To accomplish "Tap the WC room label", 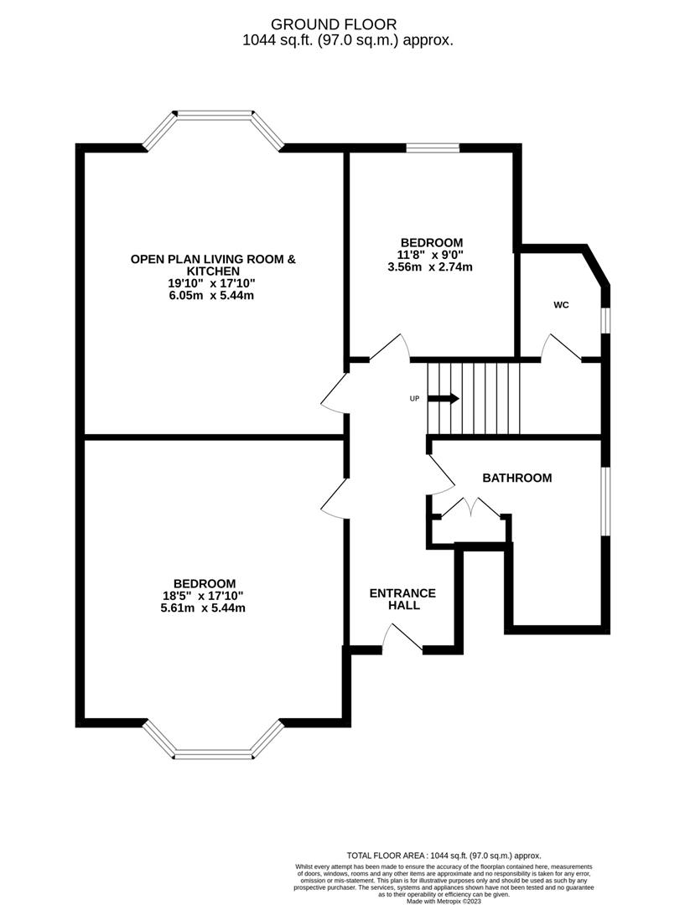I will (561, 305).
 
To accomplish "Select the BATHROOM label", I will (516, 478).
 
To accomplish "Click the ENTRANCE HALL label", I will (402, 599).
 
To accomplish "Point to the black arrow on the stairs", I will (444, 399).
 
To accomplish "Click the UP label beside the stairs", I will (414, 399).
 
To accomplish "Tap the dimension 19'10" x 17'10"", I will (212, 283).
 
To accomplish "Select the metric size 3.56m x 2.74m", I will (430, 267).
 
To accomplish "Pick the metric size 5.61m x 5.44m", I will (205, 608).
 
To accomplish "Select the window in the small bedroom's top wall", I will (433, 148).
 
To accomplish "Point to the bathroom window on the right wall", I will (605, 499).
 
